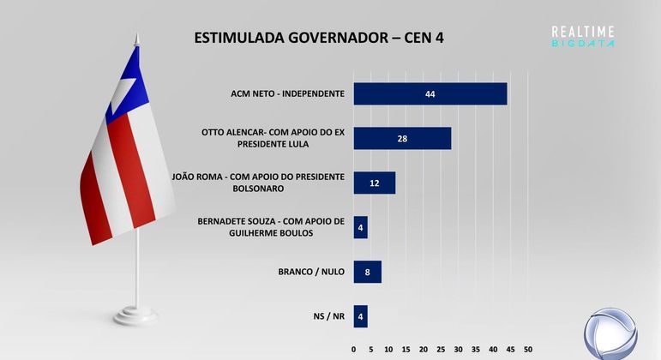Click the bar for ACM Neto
point(430,93)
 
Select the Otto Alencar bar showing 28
point(402,138)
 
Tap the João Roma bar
point(374,183)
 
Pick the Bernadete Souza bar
point(360,227)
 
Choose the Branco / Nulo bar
point(367,272)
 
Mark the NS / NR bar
point(360,316)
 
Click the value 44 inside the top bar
point(430,93)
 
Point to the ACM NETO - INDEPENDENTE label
point(287,93)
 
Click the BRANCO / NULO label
point(311,272)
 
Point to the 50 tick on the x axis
point(528,350)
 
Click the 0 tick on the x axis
point(354,350)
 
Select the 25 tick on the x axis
point(441,350)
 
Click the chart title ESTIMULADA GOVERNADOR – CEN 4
point(319,38)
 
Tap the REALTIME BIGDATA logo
point(583,36)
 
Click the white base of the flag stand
point(137,315)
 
